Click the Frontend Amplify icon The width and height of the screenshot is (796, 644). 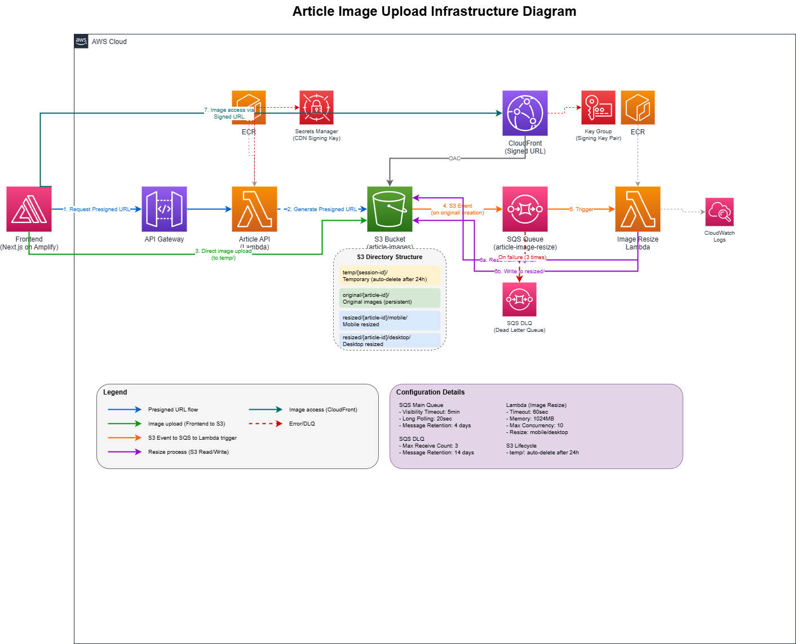coord(29,209)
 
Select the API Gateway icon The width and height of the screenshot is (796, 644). coord(164,209)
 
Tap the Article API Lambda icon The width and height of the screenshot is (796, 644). coord(254,209)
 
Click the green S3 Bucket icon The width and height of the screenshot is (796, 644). coord(390,209)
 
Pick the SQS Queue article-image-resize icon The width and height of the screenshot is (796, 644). coord(525,209)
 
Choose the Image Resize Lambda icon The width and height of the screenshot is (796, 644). coord(638,209)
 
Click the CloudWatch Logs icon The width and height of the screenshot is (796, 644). coord(719,212)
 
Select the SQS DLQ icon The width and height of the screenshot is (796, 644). coord(519,299)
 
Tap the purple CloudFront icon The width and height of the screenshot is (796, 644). coord(525,113)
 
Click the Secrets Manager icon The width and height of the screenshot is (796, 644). coord(316,107)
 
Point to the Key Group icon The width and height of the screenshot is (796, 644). coord(598,107)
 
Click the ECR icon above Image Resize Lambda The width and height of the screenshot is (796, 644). coord(638,107)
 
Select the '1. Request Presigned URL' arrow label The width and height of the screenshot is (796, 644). coord(96,209)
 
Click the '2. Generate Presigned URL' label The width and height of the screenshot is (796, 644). coord(322,209)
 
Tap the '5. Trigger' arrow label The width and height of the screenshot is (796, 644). coord(581,209)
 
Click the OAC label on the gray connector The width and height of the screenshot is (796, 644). coord(454,159)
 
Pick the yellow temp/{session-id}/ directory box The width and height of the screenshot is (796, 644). coord(390,276)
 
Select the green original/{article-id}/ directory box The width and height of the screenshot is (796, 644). coord(390,299)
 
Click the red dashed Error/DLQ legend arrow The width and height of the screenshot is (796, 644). coord(266,423)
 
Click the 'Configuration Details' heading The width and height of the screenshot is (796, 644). coord(430,392)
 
